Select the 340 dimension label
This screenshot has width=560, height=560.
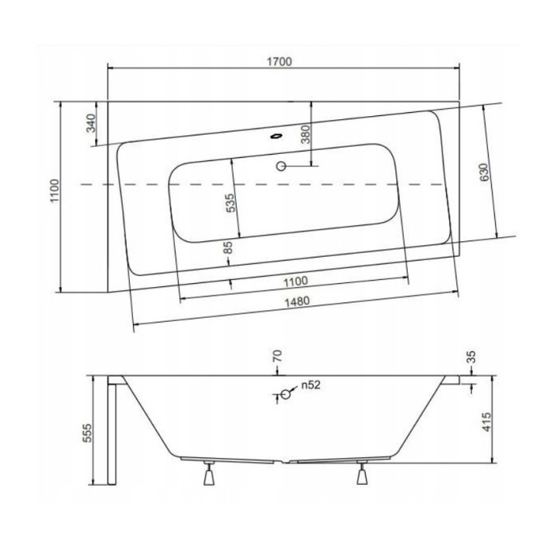pyautogui.click(x=90, y=124)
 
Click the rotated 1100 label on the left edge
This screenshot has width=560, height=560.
pyautogui.click(x=52, y=193)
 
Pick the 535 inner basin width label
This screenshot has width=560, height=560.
pyautogui.click(x=230, y=205)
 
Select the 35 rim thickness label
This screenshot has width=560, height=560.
pyautogui.click(x=472, y=358)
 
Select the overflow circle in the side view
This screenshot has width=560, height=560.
pyautogui.click(x=285, y=394)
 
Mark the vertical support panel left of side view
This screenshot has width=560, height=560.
pyautogui.click(x=113, y=433)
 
